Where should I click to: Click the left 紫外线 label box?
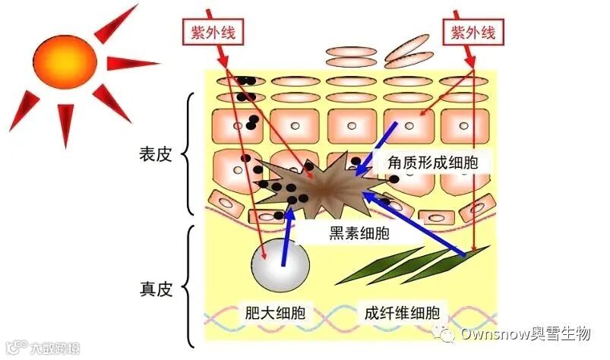[x=210, y=32]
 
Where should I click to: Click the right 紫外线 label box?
[x=473, y=32]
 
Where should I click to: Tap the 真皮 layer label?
[x=156, y=289]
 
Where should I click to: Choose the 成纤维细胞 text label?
[x=403, y=313]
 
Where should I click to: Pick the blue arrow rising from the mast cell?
[x=287, y=239]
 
